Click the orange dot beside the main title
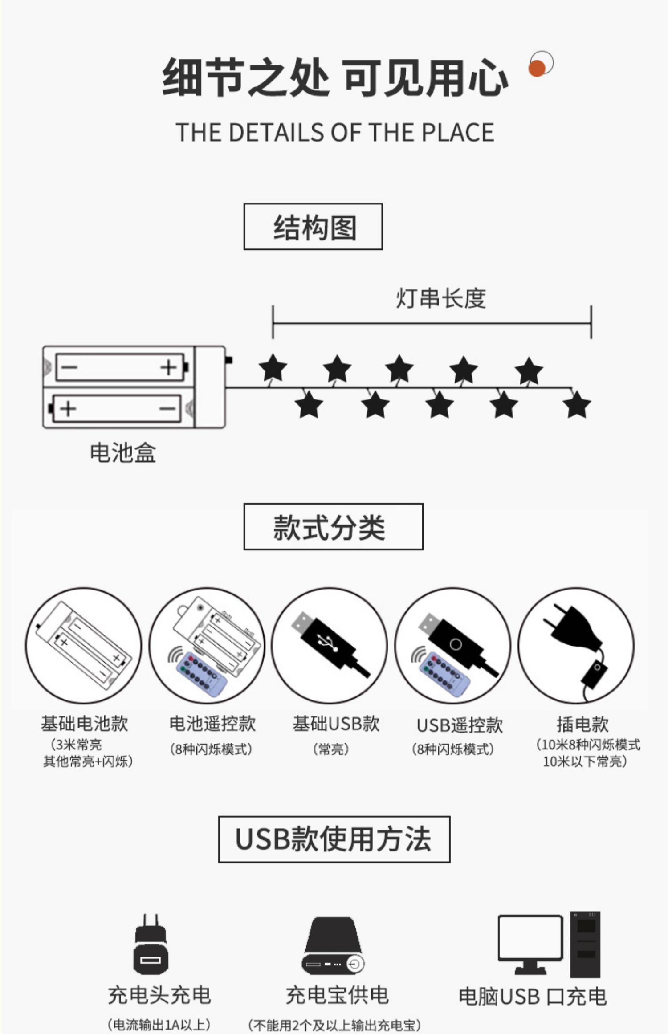[x=538, y=68]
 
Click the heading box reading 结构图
[x=313, y=227]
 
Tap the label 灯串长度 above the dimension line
[x=440, y=298]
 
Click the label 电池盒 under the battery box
[x=123, y=453]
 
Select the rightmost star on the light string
[x=577, y=405]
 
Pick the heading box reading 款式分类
[x=333, y=527]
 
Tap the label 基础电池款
[x=84, y=724]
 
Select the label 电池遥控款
[x=212, y=724]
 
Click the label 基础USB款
[x=336, y=724]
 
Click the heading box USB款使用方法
[x=334, y=839]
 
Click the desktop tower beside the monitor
[x=585, y=944]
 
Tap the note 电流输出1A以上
[x=159, y=1024]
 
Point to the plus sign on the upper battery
[x=168, y=368]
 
